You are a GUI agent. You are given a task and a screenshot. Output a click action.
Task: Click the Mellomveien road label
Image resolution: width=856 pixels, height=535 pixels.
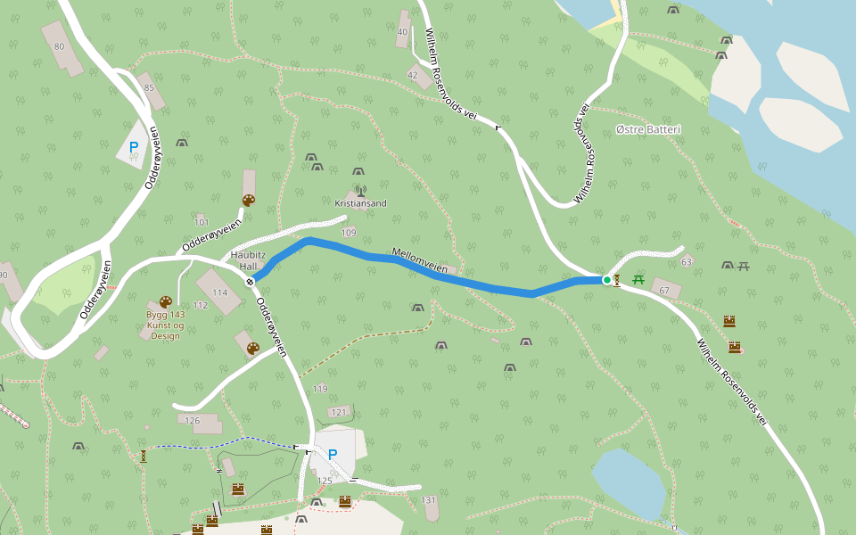coord(420,259)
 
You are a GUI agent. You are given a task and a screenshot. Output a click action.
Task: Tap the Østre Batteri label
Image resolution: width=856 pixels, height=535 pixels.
coord(648,130)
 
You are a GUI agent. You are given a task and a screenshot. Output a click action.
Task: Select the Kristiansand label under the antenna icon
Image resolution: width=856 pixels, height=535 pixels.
coord(360,203)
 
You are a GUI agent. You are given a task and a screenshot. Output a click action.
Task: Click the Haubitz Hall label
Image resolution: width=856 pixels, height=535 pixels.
coord(243,260)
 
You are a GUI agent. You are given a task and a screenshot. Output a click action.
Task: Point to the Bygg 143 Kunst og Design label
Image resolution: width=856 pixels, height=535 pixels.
coord(165,325)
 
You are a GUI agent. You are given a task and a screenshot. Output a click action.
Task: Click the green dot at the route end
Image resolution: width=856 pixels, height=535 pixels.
coord(607,280)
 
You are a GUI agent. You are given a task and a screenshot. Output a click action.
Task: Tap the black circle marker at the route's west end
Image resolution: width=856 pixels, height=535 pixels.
coord(251,282)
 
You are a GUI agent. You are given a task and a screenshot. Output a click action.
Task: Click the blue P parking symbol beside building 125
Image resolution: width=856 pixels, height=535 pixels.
coord(333,455)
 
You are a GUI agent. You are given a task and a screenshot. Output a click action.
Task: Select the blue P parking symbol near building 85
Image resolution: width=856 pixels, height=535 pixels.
coord(134,147)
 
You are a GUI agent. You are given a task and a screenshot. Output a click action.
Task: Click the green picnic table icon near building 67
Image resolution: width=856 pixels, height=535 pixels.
coord(638,280)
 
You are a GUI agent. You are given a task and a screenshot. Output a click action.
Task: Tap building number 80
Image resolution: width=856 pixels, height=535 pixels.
coord(60,46)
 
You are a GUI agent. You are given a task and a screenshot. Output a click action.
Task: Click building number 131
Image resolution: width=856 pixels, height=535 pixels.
coord(429,500)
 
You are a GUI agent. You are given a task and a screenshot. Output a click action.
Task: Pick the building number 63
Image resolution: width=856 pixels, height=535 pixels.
coord(686,262)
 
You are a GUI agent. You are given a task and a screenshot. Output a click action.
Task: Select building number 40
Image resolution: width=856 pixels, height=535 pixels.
coord(402,32)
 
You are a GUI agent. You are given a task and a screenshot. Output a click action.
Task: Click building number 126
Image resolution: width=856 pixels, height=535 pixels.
coord(192,420)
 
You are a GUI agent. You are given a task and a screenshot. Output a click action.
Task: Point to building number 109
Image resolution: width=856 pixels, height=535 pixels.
coord(349,233)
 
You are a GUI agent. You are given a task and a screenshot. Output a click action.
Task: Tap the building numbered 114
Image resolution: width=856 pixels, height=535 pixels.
coord(219,292)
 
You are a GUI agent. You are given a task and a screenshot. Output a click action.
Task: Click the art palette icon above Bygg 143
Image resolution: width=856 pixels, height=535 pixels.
coord(165,302)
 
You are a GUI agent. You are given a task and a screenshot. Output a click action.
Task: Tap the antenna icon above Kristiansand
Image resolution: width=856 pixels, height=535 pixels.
coord(360,190)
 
